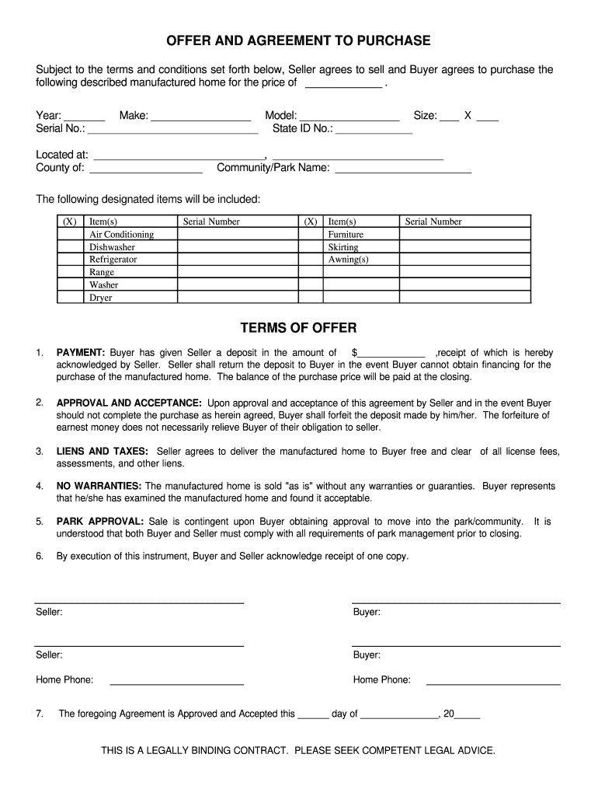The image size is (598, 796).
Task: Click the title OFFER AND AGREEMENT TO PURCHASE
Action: click(x=298, y=40)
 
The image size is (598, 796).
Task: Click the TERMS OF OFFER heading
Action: click(x=299, y=328)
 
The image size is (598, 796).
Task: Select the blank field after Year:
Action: click(x=85, y=116)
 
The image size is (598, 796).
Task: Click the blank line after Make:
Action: click(x=200, y=116)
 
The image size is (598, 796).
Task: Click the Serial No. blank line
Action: click(x=172, y=129)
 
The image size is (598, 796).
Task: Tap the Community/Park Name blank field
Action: click(x=402, y=168)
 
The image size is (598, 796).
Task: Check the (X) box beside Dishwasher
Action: click(x=69, y=247)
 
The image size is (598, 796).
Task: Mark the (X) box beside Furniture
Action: click(x=311, y=234)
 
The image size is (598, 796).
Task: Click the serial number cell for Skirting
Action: click(x=464, y=247)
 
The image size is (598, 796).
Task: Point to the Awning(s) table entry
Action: click(x=348, y=260)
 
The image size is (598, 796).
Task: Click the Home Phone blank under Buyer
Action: click(x=493, y=679)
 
